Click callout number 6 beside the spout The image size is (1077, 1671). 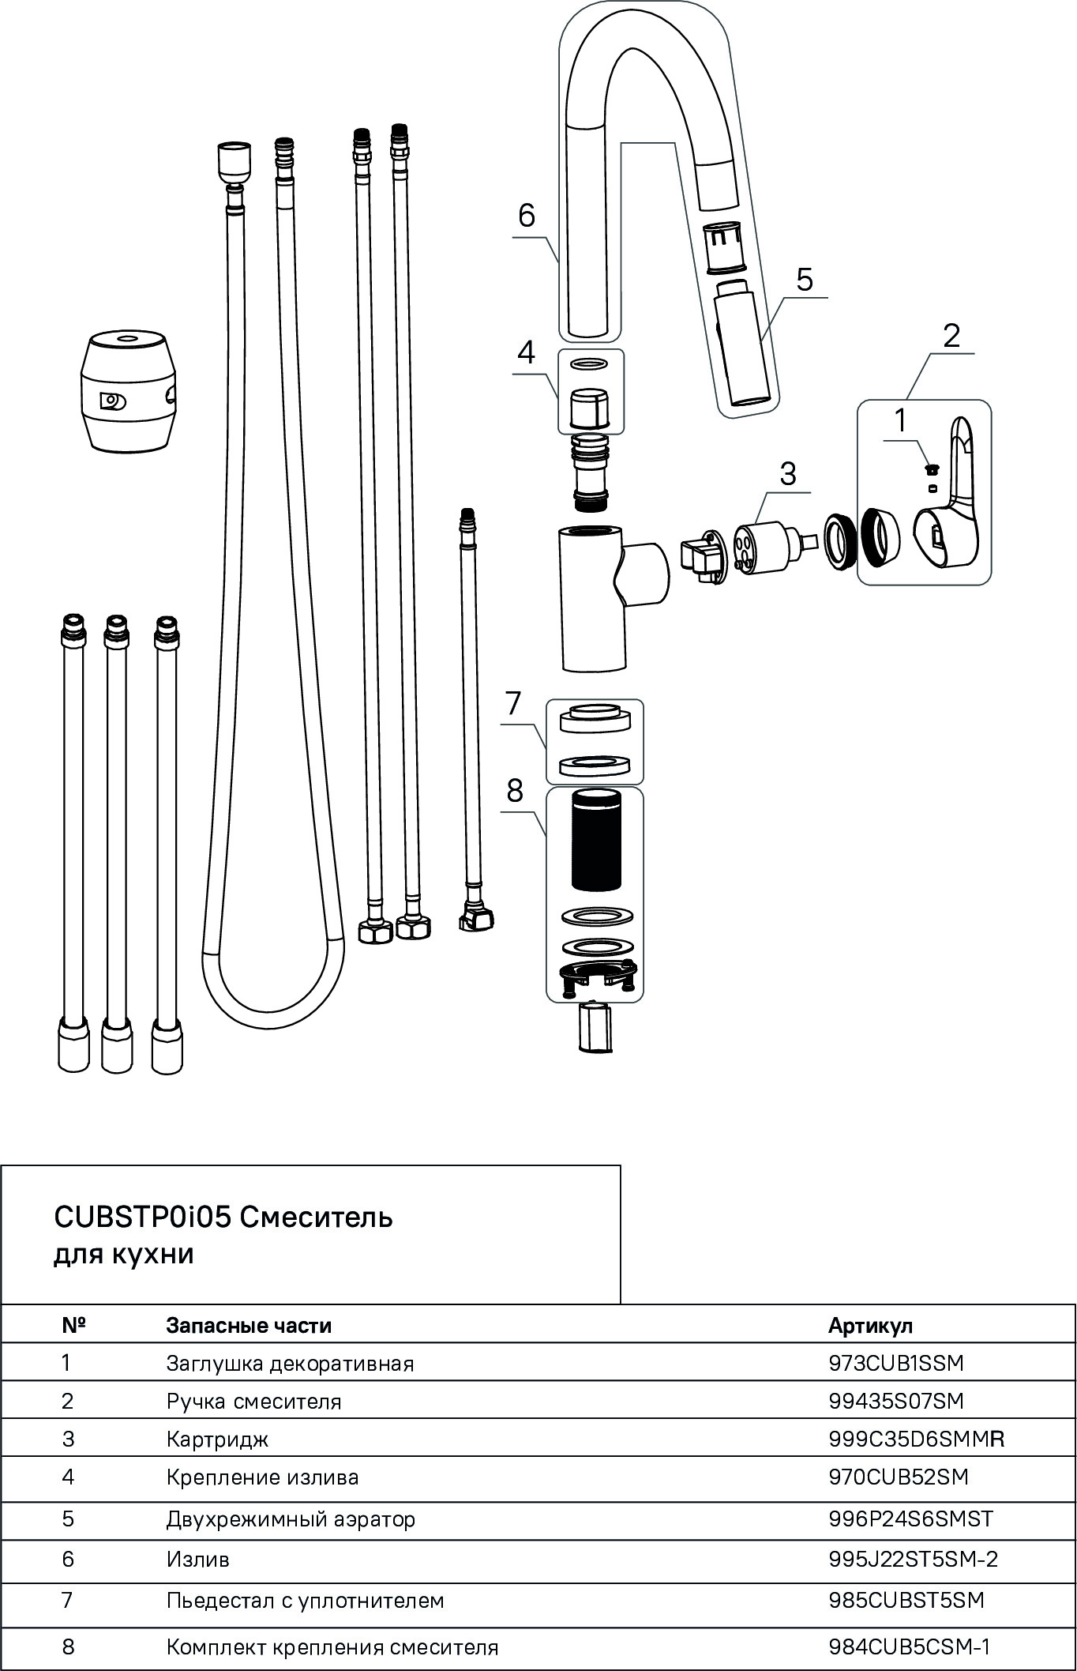click(x=527, y=215)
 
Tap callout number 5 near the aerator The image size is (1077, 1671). click(x=804, y=280)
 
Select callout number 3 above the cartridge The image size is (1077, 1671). click(x=787, y=474)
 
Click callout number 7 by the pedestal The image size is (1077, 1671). click(x=513, y=702)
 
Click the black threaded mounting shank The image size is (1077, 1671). click(x=597, y=842)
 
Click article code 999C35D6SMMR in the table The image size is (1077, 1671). click(x=916, y=1440)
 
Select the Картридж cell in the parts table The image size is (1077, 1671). click(x=217, y=1440)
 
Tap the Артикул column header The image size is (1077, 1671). click(x=870, y=1325)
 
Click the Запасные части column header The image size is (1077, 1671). click(x=249, y=1325)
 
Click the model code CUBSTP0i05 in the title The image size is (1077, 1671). click(x=142, y=1217)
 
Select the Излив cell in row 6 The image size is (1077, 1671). click(x=198, y=1560)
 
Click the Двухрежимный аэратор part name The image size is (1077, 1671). click(x=291, y=1519)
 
